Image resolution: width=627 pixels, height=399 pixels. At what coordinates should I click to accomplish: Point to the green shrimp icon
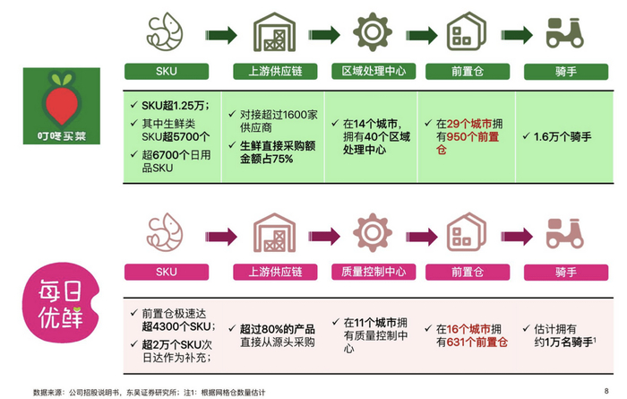[166, 32]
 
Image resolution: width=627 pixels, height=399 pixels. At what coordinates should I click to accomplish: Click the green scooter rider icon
[564, 32]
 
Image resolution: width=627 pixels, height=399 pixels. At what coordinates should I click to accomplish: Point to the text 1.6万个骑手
[562, 137]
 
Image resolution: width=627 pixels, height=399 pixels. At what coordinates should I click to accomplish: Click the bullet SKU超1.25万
[167, 108]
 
